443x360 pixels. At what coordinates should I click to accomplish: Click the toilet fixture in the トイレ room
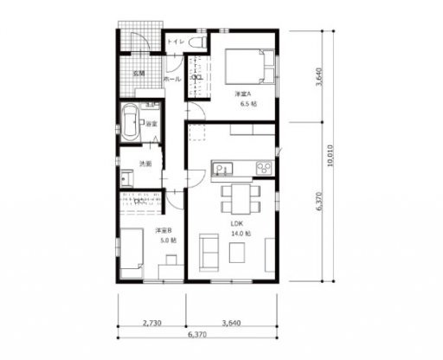tap(195, 41)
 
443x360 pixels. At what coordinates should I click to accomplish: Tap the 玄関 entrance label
tap(138, 73)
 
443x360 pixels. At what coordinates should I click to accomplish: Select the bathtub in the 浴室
tap(131, 122)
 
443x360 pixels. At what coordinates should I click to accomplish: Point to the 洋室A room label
tap(242, 93)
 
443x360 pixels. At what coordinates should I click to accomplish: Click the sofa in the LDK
tap(210, 250)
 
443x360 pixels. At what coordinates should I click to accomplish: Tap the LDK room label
tap(235, 223)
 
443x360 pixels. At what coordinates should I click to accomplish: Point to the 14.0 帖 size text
tap(241, 234)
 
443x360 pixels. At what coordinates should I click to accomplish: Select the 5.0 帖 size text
tap(168, 240)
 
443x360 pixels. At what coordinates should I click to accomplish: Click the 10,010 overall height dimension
tap(331, 156)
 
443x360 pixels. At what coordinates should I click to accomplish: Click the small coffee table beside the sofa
tap(237, 251)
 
